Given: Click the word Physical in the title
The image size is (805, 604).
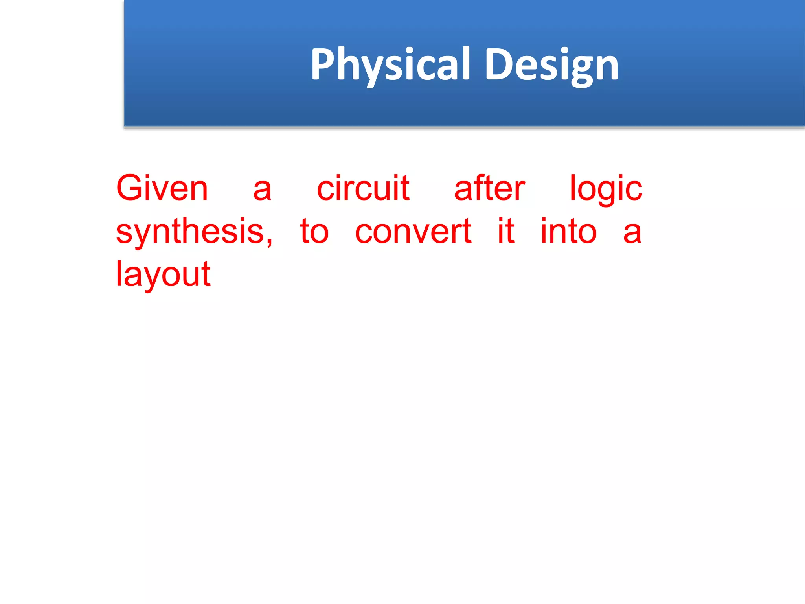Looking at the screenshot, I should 390,64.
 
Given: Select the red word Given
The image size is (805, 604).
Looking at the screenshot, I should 162,188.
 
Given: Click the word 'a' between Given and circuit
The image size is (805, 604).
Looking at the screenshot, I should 262,190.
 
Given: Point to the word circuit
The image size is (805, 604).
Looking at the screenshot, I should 363,188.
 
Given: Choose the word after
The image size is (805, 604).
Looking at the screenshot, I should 489,188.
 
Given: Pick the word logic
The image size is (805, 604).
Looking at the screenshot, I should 606,190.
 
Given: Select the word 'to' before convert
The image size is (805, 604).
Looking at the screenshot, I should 314,232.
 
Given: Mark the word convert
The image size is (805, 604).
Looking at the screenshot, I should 413,232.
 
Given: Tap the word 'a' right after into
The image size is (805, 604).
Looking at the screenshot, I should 632,233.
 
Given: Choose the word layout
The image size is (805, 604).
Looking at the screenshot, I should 163,274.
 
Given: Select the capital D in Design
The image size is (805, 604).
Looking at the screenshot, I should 498,64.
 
